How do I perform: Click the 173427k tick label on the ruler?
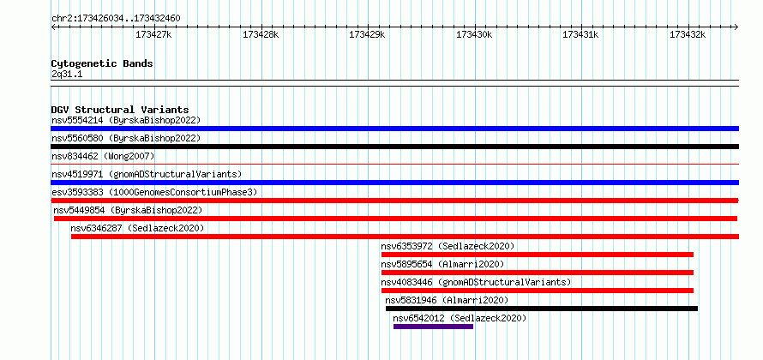[x=153, y=34]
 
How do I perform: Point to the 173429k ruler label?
[x=367, y=34]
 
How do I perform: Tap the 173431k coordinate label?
[x=580, y=34]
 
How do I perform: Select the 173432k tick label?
[x=687, y=34]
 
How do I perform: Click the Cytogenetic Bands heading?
[x=102, y=63]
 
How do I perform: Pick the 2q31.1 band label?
[x=67, y=75]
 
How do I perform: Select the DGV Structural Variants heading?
[x=119, y=110]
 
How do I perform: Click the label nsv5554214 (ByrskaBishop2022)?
[x=126, y=120]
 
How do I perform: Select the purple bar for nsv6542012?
[x=433, y=327]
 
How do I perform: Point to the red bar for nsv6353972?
[x=537, y=255]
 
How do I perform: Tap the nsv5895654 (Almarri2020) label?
[x=442, y=264]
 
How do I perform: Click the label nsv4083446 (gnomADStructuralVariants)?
[x=476, y=282]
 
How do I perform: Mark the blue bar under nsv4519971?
[x=394, y=183]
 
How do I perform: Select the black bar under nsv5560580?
[x=394, y=147]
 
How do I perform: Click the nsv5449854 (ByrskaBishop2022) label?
[x=128, y=210]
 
